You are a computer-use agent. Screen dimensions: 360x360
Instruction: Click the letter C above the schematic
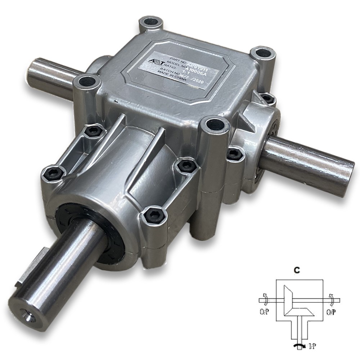coord(296,269)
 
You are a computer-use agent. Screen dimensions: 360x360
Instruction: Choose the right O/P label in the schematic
coord(331,311)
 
